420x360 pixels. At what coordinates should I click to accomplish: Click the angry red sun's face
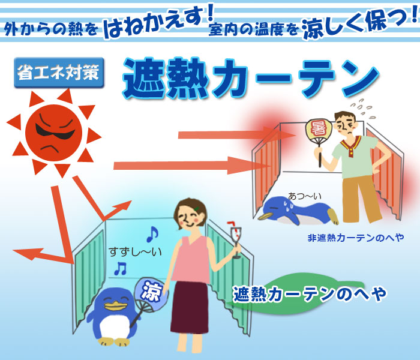[53, 133]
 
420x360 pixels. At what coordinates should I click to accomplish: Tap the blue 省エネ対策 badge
[59, 73]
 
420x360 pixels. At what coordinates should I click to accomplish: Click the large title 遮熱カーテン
[251, 77]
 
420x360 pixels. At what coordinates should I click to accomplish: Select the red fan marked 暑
[319, 137]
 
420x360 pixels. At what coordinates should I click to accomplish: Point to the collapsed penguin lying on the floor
[298, 210]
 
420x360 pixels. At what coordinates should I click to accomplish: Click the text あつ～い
[305, 196]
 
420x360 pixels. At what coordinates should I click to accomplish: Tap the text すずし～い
[135, 252]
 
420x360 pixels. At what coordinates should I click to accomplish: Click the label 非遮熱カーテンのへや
[356, 238]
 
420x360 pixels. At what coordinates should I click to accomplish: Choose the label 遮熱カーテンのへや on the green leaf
[310, 294]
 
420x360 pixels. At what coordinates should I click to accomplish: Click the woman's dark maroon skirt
[190, 307]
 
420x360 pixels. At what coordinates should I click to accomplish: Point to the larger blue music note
[152, 234]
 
